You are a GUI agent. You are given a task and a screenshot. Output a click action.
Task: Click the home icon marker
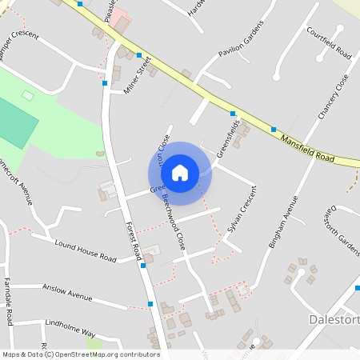coord(180,173)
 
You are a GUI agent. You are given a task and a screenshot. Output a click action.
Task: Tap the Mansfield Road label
coord(306,149)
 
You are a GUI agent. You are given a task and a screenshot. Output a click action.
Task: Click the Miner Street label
coord(138,77)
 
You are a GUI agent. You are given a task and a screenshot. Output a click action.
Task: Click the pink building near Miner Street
coord(119,18)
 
